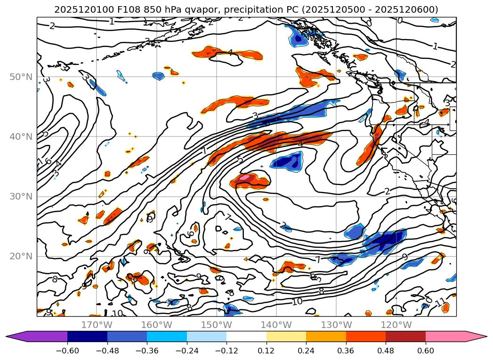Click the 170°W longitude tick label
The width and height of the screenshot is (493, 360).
coord(97,325)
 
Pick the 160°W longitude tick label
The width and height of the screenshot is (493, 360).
coord(156,325)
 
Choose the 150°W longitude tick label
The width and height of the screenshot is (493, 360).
coord(216,325)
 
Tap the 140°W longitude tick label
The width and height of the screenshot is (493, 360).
coord(276,325)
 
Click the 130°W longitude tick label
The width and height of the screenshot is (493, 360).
coord(336,325)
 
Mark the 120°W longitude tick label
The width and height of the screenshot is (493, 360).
coord(396,325)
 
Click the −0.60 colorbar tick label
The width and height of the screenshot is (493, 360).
coord(67,352)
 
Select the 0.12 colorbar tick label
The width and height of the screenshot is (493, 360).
coord(267,352)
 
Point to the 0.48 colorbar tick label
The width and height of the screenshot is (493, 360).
coord(386,352)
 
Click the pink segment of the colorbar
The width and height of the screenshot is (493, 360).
coord(450,336)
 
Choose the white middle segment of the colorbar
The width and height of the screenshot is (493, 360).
coord(246,336)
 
